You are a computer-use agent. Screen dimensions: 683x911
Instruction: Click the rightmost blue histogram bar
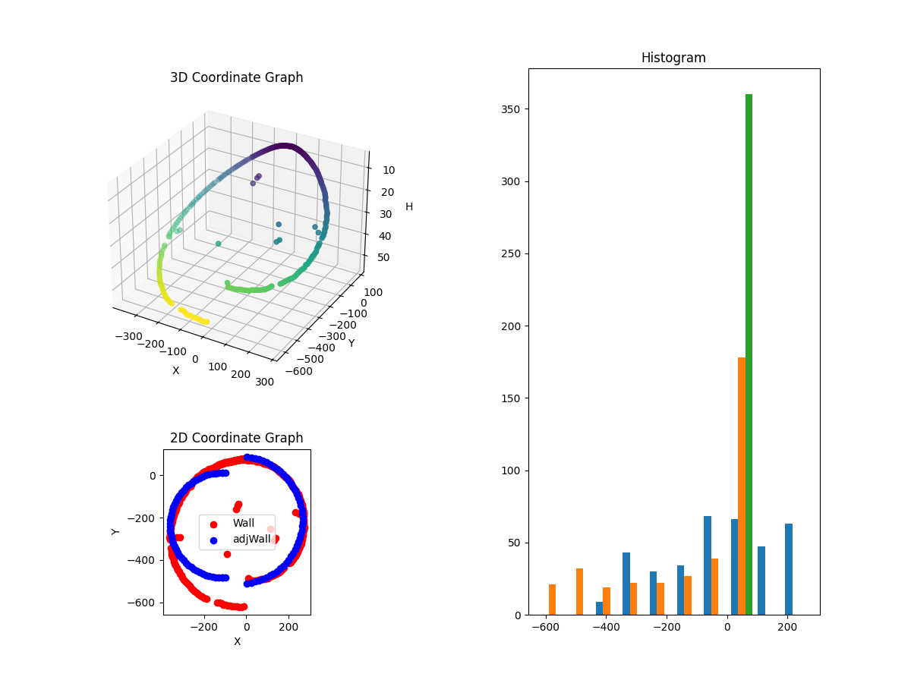click(x=789, y=569)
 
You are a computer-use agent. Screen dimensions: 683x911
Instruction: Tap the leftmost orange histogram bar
click(x=552, y=600)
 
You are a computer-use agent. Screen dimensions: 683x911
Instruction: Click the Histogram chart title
click(x=673, y=58)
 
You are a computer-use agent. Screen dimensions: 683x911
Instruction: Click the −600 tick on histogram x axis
click(x=544, y=628)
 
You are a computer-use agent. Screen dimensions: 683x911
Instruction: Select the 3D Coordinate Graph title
click(x=236, y=77)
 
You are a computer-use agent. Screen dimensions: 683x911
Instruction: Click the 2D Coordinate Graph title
click(x=236, y=438)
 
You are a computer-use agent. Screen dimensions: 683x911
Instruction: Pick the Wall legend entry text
click(x=243, y=524)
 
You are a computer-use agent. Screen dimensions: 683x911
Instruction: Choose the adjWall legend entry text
click(x=251, y=540)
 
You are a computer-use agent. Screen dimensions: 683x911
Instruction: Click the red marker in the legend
click(x=213, y=524)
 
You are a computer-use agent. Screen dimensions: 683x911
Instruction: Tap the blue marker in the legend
click(x=213, y=540)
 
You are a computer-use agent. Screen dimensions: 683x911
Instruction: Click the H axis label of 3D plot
click(x=409, y=206)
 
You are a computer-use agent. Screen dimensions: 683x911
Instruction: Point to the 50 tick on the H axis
click(x=383, y=257)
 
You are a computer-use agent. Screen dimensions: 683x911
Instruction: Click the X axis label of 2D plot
click(x=237, y=641)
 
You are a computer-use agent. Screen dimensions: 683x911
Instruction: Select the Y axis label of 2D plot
click(x=116, y=531)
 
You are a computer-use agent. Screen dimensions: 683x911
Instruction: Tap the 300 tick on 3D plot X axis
click(x=265, y=382)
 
